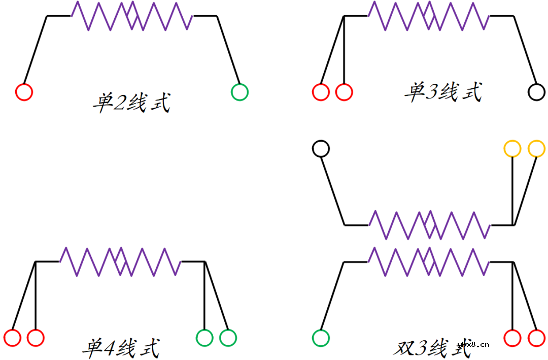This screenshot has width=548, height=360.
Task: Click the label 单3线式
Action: (443, 92)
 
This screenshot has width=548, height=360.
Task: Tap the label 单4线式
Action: (121, 348)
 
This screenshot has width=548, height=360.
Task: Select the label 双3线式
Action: (431, 348)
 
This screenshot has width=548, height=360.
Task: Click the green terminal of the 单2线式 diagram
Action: (239, 92)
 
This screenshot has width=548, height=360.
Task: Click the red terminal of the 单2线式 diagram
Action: (24, 92)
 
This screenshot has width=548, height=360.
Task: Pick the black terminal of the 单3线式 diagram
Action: (536, 92)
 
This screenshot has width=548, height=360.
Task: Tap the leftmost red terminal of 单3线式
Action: (321, 92)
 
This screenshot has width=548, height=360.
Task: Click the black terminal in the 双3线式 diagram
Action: (321, 149)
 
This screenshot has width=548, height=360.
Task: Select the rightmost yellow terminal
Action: (536, 149)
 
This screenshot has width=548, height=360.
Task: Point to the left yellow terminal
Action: (512, 149)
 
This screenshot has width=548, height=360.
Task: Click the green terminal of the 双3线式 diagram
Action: (321, 338)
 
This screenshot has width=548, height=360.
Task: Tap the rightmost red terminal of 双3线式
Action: (536, 338)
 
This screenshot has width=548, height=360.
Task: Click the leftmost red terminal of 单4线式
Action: (12, 338)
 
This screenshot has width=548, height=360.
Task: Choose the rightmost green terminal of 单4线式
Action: (228, 338)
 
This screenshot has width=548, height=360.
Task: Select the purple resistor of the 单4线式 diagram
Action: (120, 261)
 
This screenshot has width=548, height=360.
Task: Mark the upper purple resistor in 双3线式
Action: (429, 224)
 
